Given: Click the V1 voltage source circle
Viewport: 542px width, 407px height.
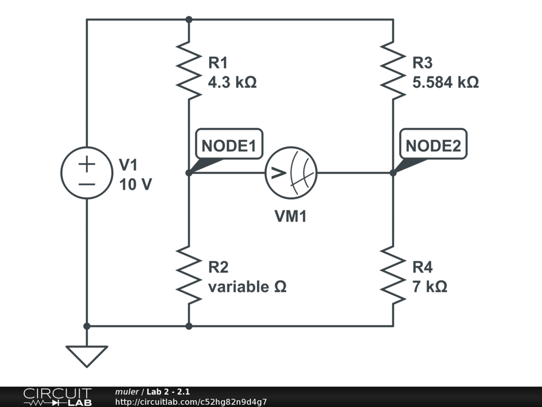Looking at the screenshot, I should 87,173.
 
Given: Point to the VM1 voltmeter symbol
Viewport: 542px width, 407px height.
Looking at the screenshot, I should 291,173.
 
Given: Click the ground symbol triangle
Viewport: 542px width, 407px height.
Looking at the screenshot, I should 87,356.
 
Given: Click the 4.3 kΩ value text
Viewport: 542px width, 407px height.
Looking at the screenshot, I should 232,83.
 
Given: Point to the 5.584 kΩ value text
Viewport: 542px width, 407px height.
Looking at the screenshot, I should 446,83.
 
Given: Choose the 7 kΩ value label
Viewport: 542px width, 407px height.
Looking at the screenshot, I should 430,287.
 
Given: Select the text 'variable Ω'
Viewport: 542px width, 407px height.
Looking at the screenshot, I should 247,287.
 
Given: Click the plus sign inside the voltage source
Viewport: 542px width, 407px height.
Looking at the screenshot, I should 87,164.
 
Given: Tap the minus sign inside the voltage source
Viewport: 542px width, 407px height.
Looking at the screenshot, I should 87,184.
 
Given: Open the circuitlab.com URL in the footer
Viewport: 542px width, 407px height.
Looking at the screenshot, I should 191,402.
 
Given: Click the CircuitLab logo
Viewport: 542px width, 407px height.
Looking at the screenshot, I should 57,397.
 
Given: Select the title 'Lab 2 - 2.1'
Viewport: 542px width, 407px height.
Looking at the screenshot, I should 168,392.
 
